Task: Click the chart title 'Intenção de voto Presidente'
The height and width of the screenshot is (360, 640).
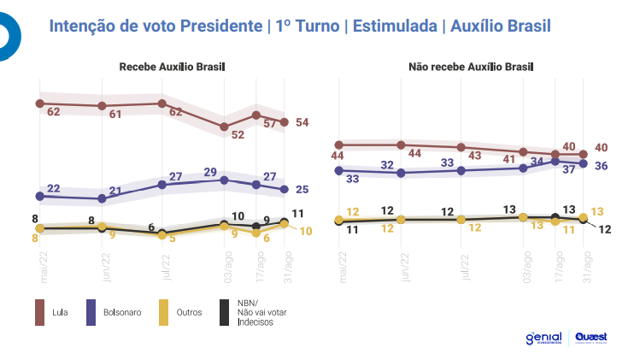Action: click(x=155, y=26)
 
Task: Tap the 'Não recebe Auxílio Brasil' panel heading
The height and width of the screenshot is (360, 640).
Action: click(x=463, y=67)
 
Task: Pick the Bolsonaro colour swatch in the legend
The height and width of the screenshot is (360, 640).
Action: click(x=91, y=312)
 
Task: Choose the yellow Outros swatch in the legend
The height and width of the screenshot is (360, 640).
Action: click(x=163, y=312)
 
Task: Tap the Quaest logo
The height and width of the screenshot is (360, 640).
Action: click(x=591, y=339)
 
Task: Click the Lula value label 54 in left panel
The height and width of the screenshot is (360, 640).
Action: click(x=302, y=122)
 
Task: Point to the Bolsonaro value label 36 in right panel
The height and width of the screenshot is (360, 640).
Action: click(x=601, y=165)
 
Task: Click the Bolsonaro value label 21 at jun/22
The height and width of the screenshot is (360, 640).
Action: click(x=114, y=191)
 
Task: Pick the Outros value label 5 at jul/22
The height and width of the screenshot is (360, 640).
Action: click(x=173, y=239)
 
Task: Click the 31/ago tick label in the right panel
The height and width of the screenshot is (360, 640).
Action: click(x=587, y=266)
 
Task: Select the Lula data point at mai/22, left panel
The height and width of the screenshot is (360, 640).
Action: click(x=39, y=103)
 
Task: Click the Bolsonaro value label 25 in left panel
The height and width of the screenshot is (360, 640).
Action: click(x=302, y=189)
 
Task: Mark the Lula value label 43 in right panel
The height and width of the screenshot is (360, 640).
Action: click(x=474, y=156)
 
